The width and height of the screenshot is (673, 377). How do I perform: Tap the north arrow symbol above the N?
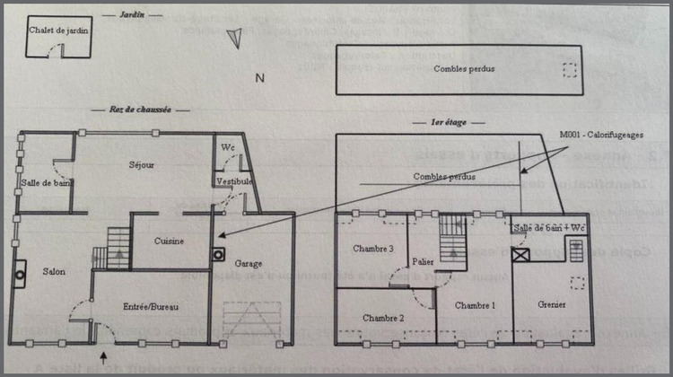click(x=235, y=35)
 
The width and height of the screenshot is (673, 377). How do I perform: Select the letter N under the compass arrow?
click(x=259, y=78)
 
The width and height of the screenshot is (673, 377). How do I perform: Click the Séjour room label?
click(x=141, y=164)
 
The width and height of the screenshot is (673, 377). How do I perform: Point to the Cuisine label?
click(x=170, y=241)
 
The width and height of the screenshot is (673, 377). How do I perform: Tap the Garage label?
click(x=249, y=264)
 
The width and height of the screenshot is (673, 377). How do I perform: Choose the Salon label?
click(x=53, y=271)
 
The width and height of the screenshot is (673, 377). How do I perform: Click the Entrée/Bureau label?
click(x=150, y=307)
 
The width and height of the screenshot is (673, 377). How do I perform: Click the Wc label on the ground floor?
click(x=228, y=146)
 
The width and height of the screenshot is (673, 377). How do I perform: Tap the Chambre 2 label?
click(x=383, y=318)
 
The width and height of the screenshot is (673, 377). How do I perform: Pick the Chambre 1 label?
click(x=475, y=305)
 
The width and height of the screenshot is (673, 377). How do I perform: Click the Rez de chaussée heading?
click(x=140, y=109)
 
